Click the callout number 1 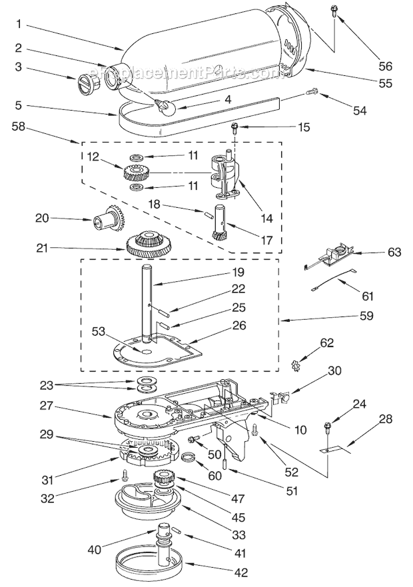tap(19, 25)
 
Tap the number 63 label tap(394, 253)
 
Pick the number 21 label tap(41, 248)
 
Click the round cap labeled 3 tap(87, 85)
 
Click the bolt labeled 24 tap(329, 425)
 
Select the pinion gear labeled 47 tap(163, 480)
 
